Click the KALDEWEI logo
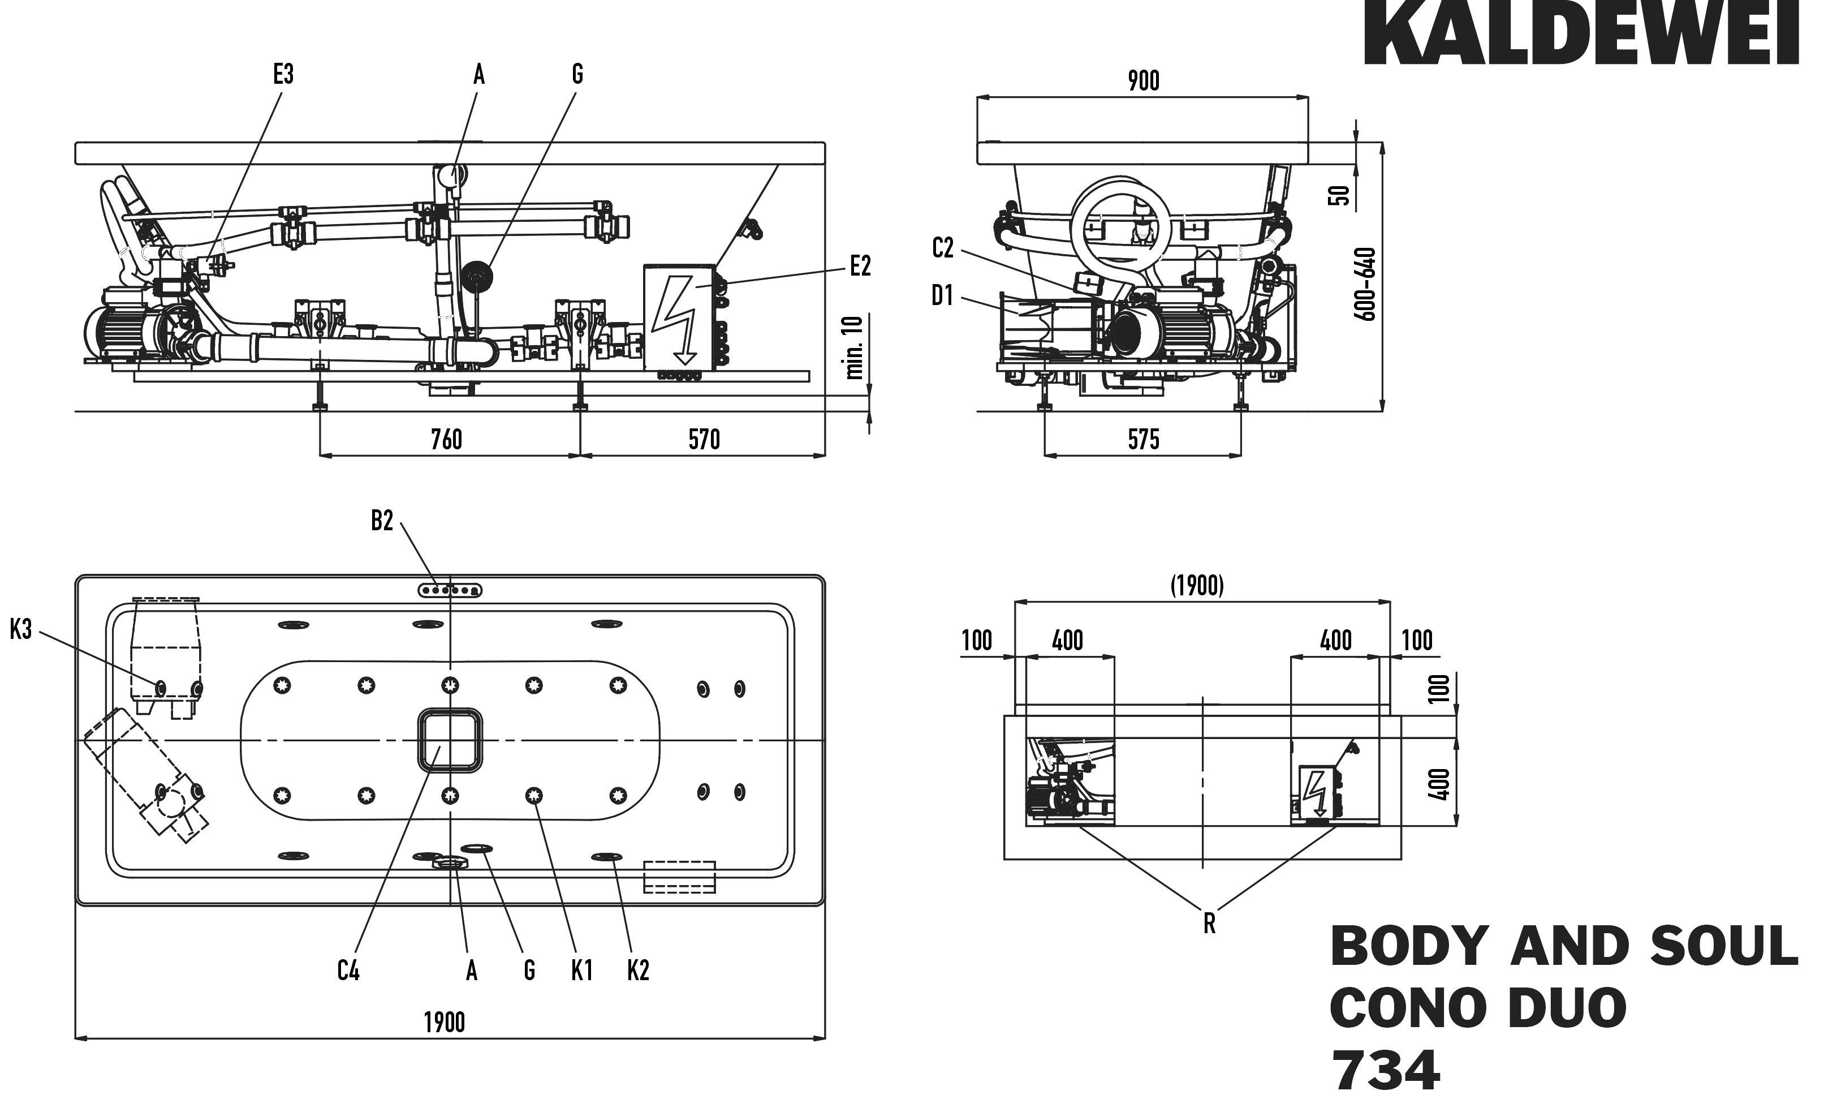pos(1581,33)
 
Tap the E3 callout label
pos(283,75)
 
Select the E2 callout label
pos(860,266)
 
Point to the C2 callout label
pos(943,248)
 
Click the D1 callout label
pos(942,296)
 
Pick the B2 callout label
pos(382,521)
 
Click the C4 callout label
pos(348,971)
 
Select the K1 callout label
pos(581,971)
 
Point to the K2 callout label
pos(638,971)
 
